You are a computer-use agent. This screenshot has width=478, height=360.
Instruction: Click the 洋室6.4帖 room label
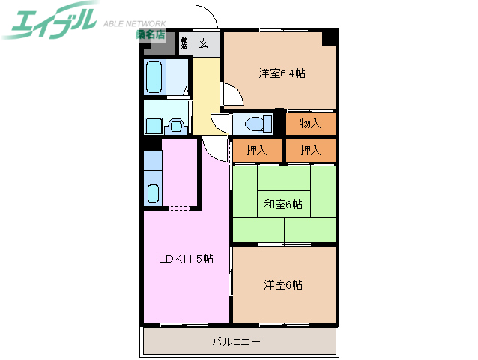pyautogui.click(x=282, y=73)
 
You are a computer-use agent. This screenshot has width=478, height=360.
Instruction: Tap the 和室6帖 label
pyautogui.click(x=282, y=204)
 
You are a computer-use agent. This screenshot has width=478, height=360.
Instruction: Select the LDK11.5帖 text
pyautogui.click(x=185, y=259)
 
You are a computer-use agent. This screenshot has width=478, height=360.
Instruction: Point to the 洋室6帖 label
pyautogui.click(x=282, y=284)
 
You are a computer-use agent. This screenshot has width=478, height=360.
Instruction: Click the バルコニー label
pyautogui.click(x=236, y=342)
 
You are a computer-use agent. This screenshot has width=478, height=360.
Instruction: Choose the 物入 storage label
pyautogui.click(x=309, y=123)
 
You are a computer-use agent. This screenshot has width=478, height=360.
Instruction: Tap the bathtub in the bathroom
pyautogui.click(x=157, y=77)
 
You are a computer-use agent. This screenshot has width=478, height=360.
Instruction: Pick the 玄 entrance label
pyautogui.click(x=204, y=43)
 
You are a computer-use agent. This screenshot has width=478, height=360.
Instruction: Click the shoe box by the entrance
pyautogui.click(x=184, y=43)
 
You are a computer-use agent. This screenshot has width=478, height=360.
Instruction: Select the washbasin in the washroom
pyautogui.click(x=177, y=125)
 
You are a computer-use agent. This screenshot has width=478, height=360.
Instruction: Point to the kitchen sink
pyautogui.click(x=153, y=193)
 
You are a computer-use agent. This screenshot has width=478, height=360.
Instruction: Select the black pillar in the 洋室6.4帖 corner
pyautogui.click(x=328, y=39)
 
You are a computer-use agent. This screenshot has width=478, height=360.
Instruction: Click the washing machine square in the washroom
pyautogui.click(x=157, y=124)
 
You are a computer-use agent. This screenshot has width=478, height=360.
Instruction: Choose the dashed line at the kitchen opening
pyautogui.click(x=181, y=208)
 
